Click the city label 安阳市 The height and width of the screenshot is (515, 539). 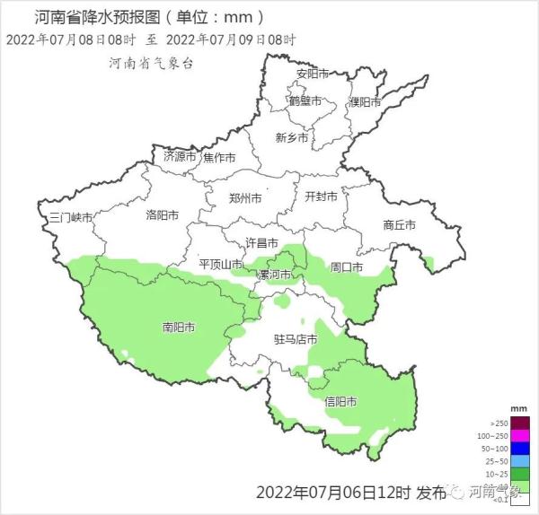[x=313, y=74]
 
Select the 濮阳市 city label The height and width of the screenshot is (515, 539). [x=366, y=102]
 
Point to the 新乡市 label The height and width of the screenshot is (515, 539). [x=292, y=138]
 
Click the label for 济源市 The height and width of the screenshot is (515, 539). [x=180, y=156]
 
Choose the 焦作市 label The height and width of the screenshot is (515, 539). [x=219, y=158]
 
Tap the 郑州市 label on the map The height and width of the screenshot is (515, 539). [x=245, y=198]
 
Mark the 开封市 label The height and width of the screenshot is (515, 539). [x=321, y=196]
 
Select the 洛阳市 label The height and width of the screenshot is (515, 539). [x=163, y=215]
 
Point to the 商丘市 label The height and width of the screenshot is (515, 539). [x=399, y=225]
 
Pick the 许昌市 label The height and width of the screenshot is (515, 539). [x=262, y=243]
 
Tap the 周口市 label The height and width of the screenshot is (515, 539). [x=346, y=267]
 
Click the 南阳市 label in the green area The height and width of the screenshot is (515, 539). [x=179, y=327]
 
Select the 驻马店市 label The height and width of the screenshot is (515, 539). [x=296, y=340]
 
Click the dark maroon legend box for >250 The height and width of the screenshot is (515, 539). [x=519, y=423]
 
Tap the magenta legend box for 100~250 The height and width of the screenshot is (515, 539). [x=519, y=436]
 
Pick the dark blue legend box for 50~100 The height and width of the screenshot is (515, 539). [x=519, y=449]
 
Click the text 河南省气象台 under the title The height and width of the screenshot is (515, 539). [x=151, y=64]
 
